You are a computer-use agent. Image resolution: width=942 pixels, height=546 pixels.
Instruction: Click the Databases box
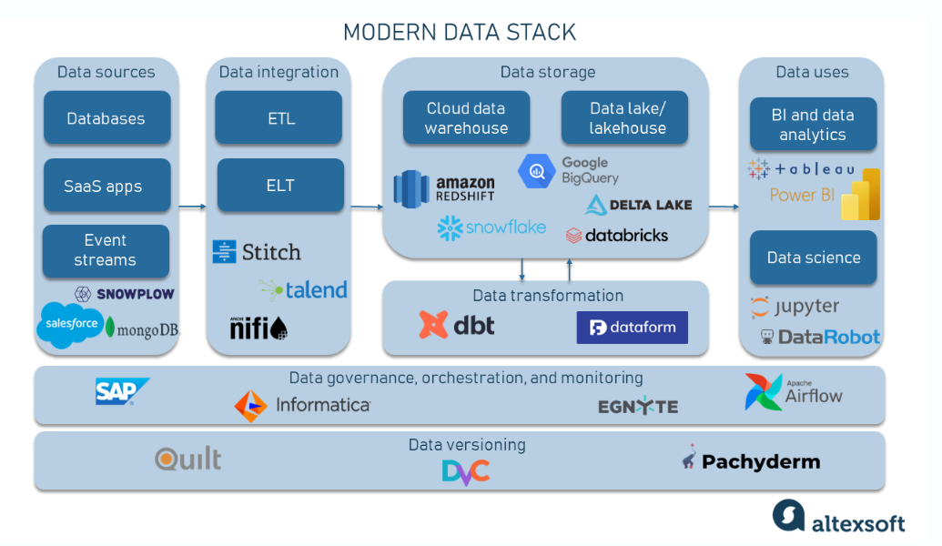point(106,117)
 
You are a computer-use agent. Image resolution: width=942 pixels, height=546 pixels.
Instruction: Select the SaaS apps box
point(106,186)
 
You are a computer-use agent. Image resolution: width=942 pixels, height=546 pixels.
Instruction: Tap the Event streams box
point(106,251)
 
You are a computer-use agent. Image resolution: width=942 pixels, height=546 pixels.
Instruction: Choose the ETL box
point(279,117)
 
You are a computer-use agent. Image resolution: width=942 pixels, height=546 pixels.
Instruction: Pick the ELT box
point(280,185)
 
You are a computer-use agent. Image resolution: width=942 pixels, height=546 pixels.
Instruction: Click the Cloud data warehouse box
point(466,117)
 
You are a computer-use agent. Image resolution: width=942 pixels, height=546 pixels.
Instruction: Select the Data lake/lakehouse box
point(624,117)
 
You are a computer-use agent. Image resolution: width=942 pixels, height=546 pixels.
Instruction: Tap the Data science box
point(814,258)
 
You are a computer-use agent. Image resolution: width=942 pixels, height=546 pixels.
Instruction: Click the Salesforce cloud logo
point(71,324)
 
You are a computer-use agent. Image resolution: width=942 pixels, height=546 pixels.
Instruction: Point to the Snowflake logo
point(491,228)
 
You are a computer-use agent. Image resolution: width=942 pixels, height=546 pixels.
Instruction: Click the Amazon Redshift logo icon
point(410,189)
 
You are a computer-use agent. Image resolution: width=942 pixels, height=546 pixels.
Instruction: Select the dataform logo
point(632,328)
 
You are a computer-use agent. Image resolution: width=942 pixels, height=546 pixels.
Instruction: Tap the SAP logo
point(122,391)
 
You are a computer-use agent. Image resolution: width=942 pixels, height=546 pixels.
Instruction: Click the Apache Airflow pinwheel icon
point(763,392)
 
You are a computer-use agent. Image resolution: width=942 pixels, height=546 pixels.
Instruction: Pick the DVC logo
point(466,472)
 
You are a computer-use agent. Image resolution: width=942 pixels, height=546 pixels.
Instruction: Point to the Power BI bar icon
point(861,194)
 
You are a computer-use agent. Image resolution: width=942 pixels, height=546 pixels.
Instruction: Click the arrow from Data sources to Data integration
point(193,207)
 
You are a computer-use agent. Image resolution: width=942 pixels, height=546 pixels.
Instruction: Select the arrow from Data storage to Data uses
point(724,207)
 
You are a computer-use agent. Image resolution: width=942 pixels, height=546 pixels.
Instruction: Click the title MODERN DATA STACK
point(460,33)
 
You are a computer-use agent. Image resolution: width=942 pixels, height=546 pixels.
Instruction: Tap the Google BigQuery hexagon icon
point(536,171)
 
